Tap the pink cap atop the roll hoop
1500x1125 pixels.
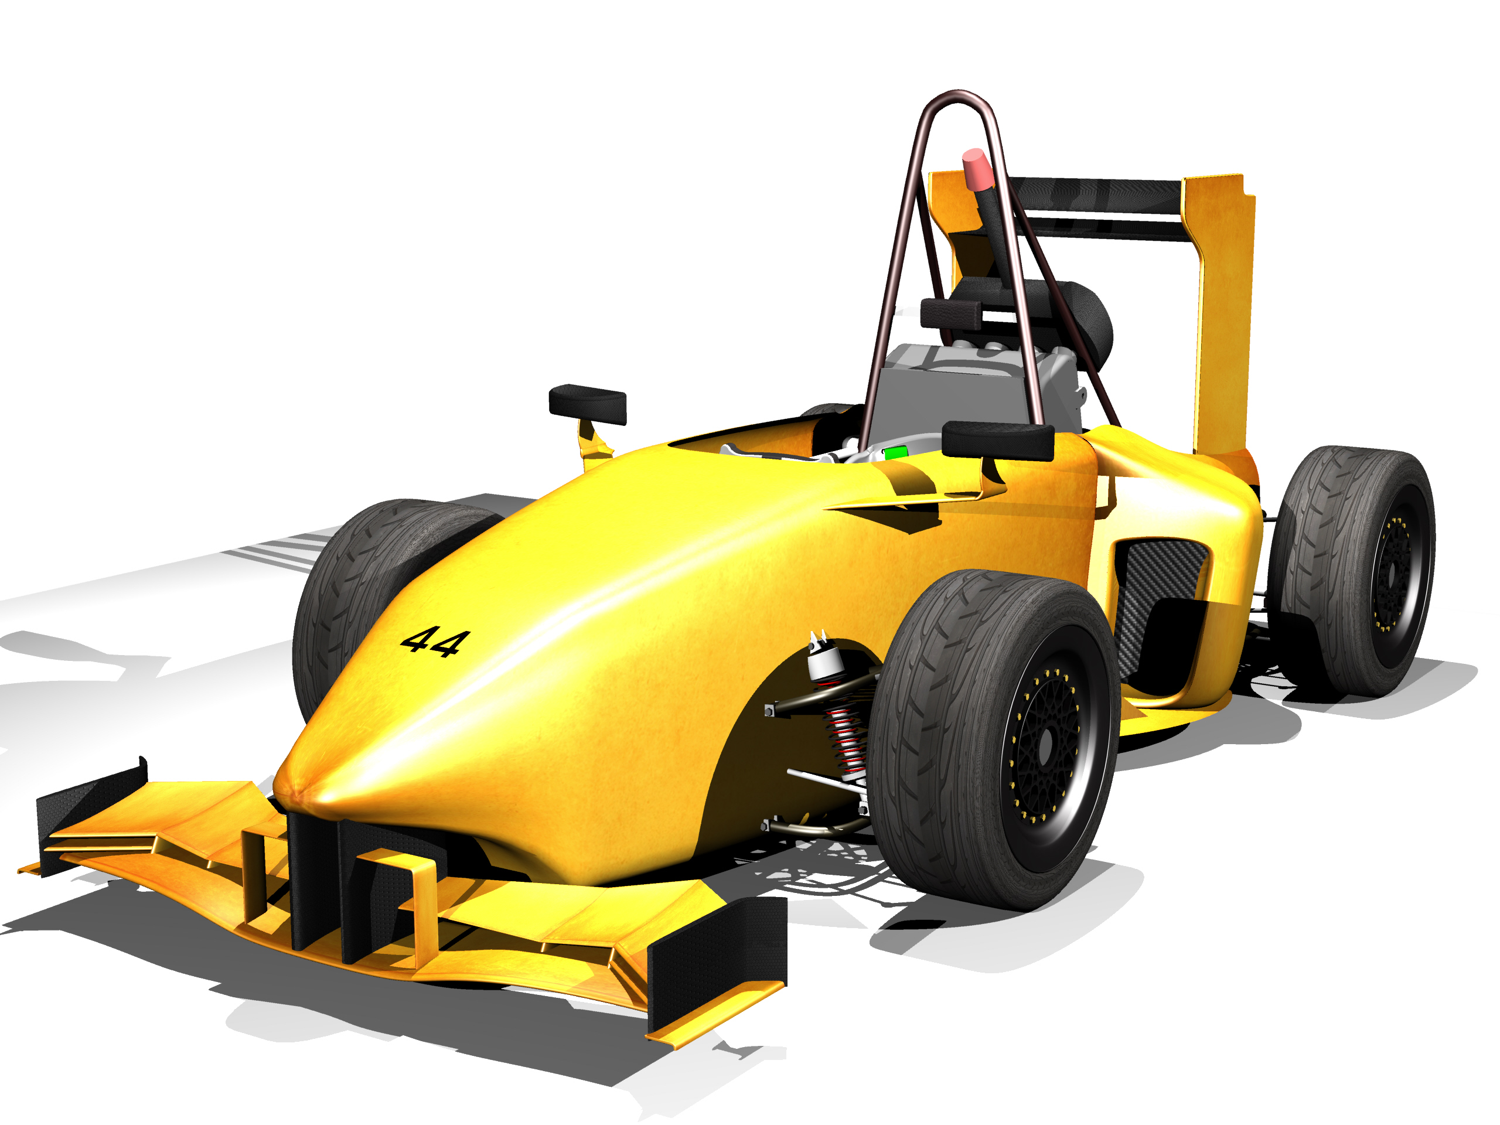pyautogui.click(x=977, y=169)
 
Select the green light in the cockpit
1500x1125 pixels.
pyautogui.click(x=895, y=452)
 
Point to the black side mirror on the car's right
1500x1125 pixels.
pyautogui.click(x=587, y=404)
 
